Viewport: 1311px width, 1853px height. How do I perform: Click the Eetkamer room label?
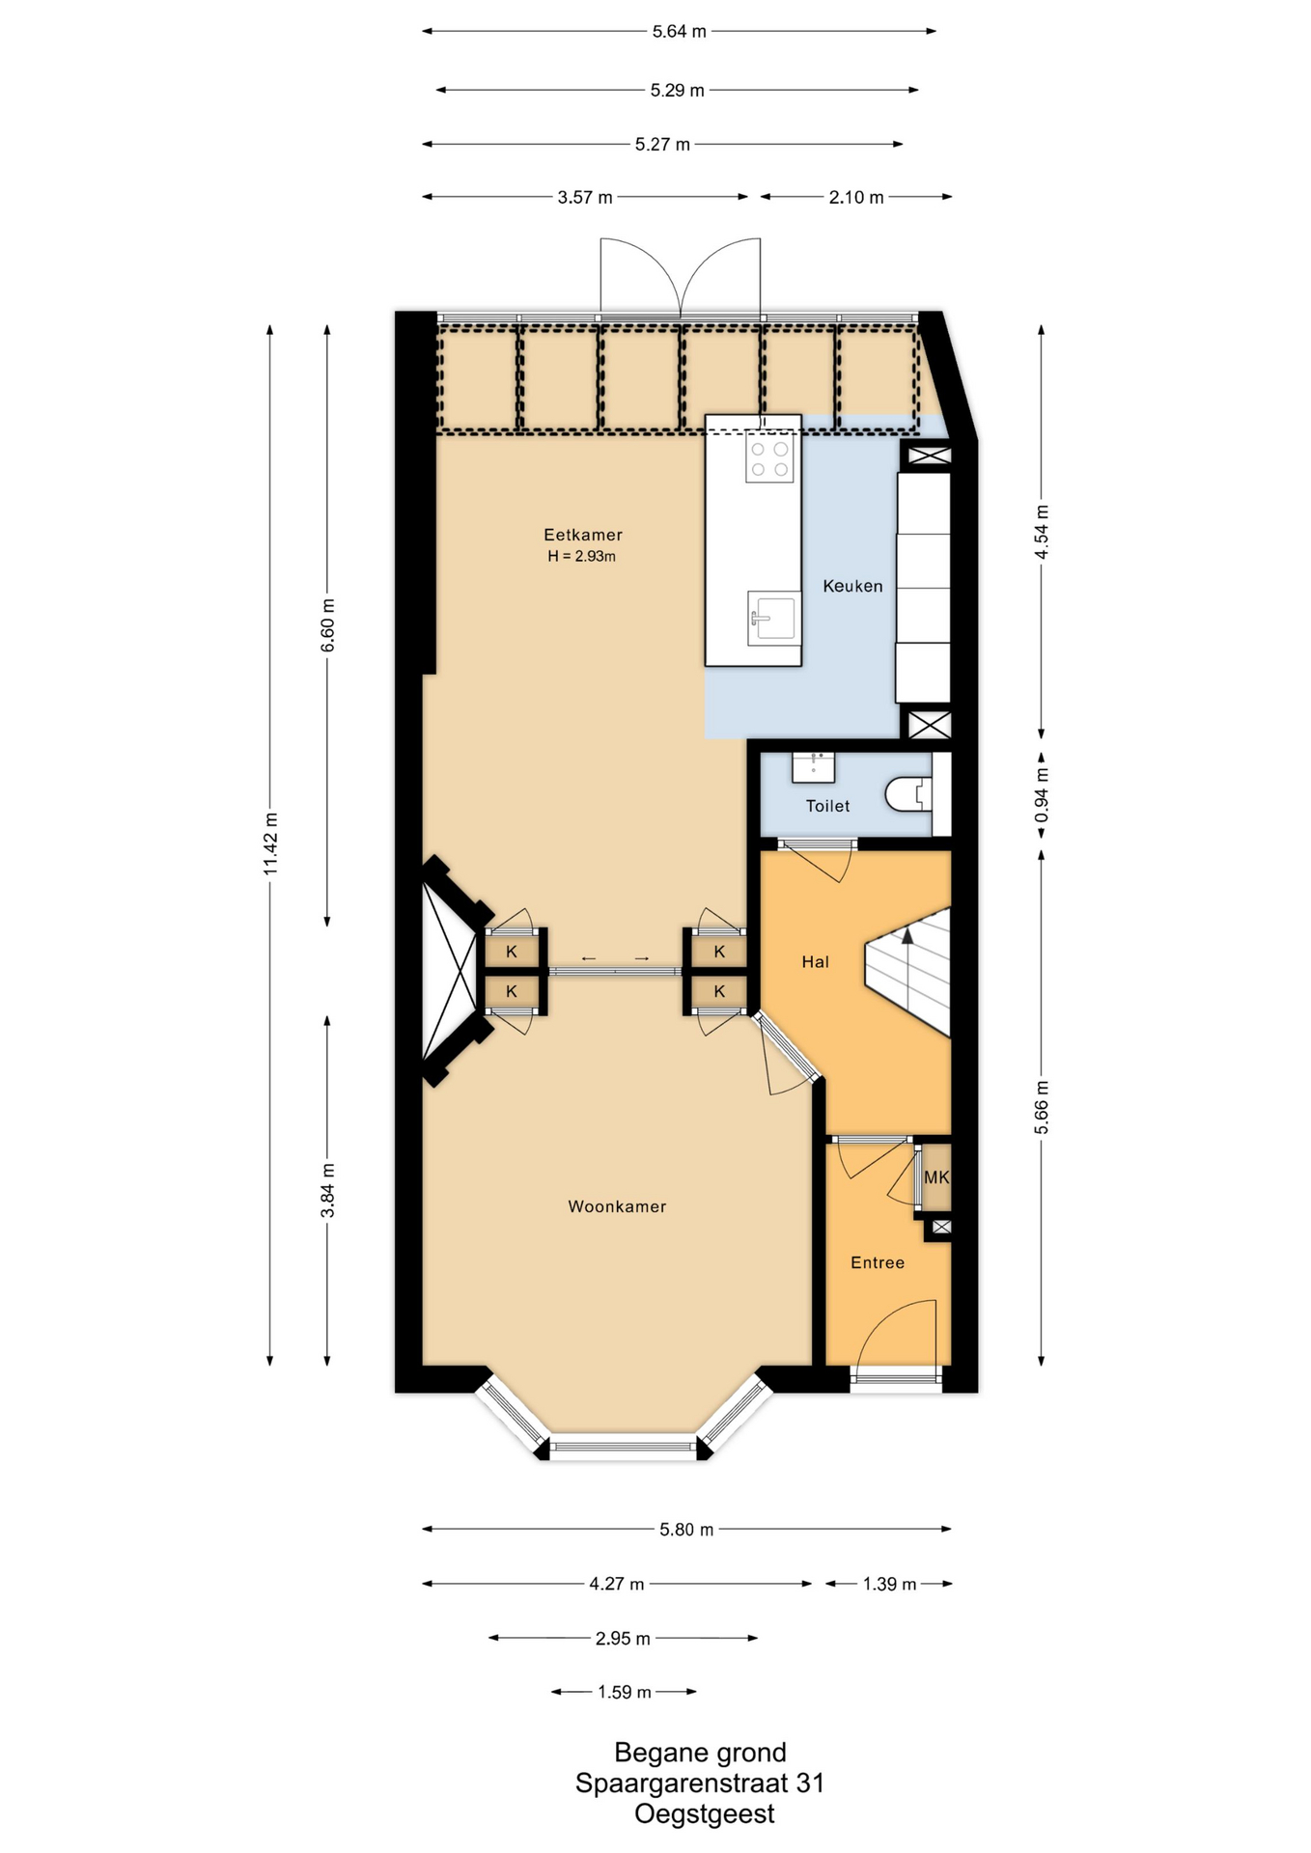pos(583,535)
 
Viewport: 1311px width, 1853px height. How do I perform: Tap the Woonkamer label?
pos(617,1206)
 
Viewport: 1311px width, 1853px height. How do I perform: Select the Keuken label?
pos(852,586)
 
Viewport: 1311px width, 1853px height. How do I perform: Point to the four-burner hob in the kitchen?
pos(769,458)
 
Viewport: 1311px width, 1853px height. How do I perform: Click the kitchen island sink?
pos(773,618)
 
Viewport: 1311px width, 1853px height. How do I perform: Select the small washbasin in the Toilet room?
pos(813,767)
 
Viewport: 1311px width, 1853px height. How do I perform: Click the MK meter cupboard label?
pos(936,1177)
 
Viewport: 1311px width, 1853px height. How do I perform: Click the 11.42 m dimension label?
pos(270,844)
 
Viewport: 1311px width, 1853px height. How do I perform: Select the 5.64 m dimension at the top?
pos(679,31)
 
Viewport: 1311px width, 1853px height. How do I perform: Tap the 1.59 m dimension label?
pos(625,1692)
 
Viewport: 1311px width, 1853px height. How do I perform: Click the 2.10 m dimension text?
pos(856,198)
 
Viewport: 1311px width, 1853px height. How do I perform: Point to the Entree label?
pos(878,1262)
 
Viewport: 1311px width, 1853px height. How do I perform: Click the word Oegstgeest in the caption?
pos(705,1814)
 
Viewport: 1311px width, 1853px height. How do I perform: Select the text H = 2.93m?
pos(582,556)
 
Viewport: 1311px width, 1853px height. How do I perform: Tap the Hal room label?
pos(816,961)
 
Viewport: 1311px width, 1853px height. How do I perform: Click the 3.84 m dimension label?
pos(328,1189)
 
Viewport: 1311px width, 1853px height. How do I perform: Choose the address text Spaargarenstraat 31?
pos(700,1784)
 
